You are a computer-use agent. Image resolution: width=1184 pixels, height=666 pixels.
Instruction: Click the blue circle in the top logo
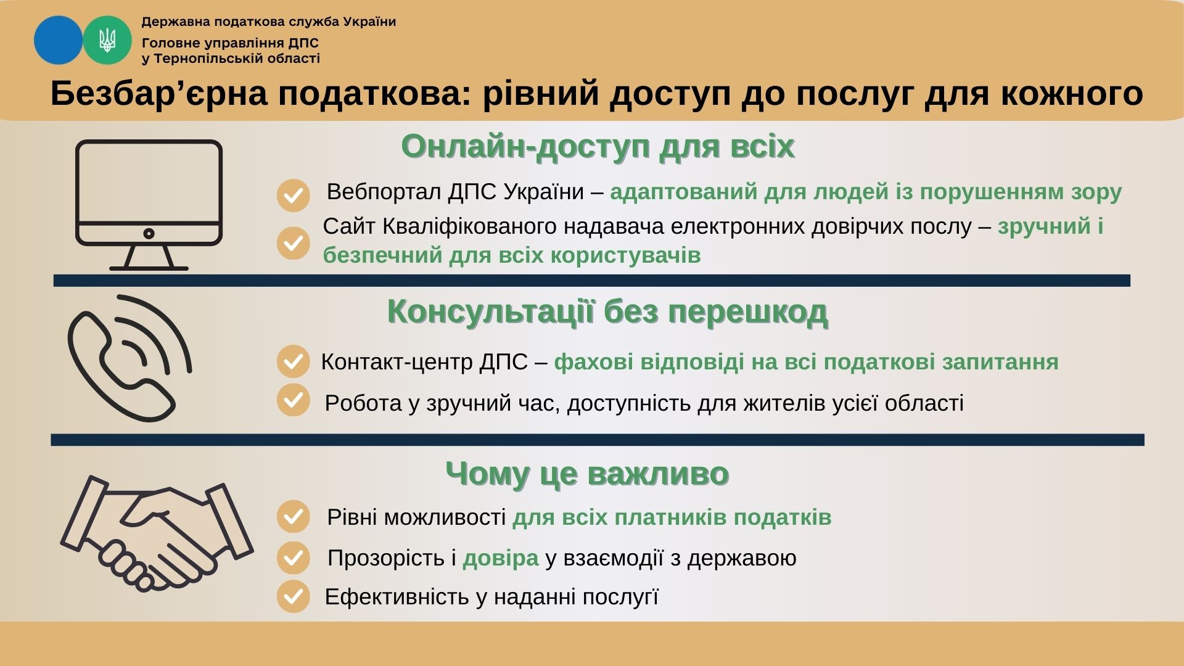(58, 40)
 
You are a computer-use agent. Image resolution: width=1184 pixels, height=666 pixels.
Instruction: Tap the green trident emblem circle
(107, 40)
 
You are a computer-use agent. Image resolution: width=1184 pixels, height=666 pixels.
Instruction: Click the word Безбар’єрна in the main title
(158, 94)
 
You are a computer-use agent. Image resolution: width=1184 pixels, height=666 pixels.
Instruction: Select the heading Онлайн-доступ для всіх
(598, 147)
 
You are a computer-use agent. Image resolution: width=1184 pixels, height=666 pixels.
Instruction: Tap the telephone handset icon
(129, 358)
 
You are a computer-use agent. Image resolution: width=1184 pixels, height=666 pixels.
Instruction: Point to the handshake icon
(157, 533)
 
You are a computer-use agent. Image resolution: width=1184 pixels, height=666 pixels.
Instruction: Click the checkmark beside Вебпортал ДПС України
(293, 195)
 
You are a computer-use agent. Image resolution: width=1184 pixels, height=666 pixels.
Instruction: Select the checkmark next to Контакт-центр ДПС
(293, 361)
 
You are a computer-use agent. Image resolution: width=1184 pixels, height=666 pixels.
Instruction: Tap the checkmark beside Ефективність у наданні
(293, 596)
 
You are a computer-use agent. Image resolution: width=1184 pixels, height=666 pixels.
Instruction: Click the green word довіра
(501, 557)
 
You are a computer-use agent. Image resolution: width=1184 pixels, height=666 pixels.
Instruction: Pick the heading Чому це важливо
(587, 474)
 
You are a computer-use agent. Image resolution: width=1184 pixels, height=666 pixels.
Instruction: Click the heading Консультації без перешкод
(607, 312)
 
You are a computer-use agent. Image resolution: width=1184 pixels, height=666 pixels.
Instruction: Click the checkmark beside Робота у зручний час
(293, 400)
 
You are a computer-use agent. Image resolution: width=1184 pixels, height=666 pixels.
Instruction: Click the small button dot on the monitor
(149, 234)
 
